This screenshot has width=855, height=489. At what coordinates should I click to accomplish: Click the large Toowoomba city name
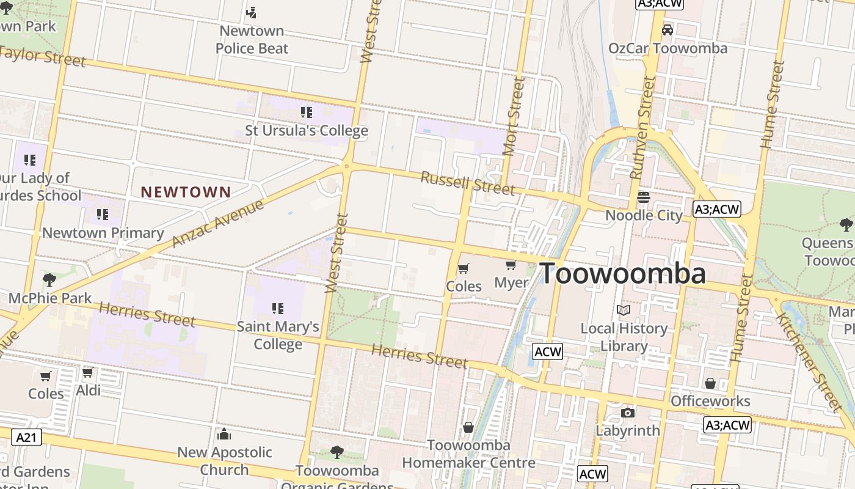(623, 273)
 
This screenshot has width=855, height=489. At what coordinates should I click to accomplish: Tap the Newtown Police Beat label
(252, 39)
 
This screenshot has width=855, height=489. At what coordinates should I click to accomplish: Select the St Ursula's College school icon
(307, 112)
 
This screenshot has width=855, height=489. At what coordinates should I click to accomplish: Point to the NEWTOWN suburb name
(186, 192)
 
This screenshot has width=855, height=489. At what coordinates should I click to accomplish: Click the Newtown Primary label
(103, 233)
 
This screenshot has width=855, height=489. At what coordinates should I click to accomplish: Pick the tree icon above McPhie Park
(49, 280)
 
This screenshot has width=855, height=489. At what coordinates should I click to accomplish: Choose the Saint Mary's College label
(278, 335)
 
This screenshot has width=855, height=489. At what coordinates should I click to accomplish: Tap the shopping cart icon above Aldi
(88, 372)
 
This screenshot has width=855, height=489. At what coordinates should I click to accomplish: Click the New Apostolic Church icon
(224, 434)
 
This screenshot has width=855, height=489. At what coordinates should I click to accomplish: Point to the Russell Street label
(468, 183)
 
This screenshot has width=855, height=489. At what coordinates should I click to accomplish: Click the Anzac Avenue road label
(218, 223)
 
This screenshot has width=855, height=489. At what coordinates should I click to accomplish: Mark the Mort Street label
(513, 116)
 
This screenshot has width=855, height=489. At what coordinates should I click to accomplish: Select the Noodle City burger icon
(644, 197)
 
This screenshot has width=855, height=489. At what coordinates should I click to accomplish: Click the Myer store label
(511, 282)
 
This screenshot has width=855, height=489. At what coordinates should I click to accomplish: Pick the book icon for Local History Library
(624, 311)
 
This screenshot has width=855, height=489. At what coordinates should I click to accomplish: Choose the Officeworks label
(710, 401)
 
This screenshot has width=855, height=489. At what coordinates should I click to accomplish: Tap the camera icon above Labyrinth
(628, 413)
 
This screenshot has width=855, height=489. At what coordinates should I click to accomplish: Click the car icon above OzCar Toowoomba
(668, 30)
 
